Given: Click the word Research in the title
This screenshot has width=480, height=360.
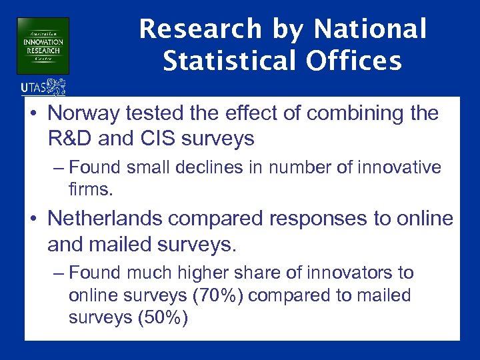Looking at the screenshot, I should click(189, 29).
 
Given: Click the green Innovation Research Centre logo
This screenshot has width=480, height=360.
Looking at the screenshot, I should click(43, 45).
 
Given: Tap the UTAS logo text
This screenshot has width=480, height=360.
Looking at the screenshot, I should click(35, 87).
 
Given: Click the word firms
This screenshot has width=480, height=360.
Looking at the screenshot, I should click(90, 189).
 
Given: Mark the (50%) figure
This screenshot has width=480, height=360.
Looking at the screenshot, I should click(162, 318).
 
